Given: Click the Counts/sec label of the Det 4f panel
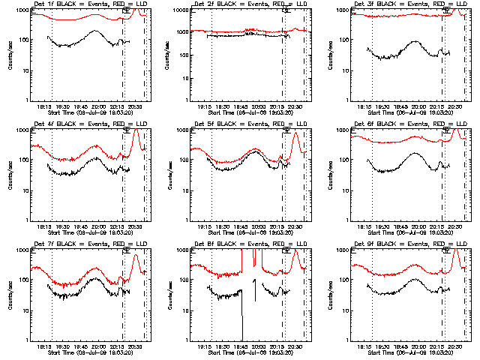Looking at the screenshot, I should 10,175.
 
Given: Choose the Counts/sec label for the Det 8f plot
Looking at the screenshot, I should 169,295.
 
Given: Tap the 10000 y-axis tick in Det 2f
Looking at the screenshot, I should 178,10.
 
